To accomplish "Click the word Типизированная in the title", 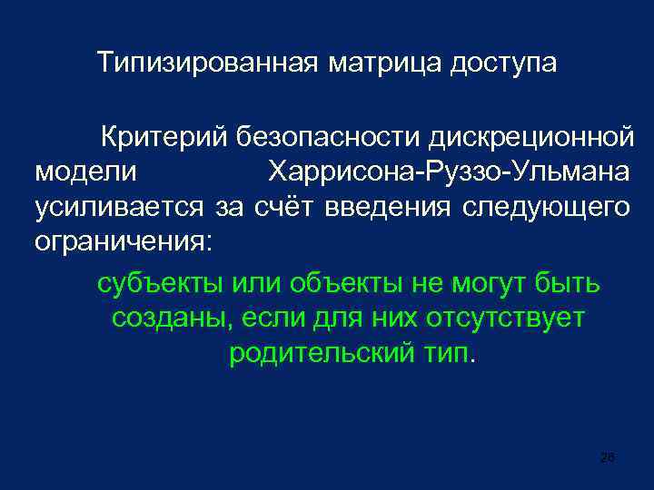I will [x=208, y=64].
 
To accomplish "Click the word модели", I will [x=86, y=172].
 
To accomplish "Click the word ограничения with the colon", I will [x=123, y=242].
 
